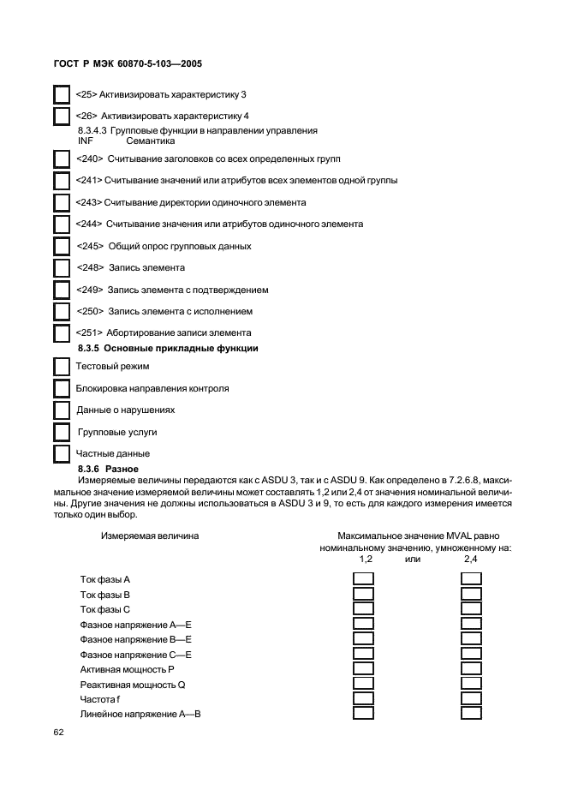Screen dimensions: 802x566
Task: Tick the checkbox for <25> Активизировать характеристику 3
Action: coord(63,93)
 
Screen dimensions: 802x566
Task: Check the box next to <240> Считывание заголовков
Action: coord(63,159)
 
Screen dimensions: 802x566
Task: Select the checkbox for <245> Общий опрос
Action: coord(63,246)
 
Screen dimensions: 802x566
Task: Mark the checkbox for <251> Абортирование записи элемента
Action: coord(63,332)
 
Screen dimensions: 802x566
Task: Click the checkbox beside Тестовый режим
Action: coord(63,367)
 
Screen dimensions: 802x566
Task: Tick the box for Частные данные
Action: coord(63,453)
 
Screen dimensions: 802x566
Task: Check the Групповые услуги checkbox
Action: coord(63,432)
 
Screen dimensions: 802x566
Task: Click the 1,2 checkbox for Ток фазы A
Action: coord(364,579)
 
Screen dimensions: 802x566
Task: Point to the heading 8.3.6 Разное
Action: coord(102,469)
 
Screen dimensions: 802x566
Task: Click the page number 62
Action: coord(59,733)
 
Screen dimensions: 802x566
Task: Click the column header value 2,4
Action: coord(471,559)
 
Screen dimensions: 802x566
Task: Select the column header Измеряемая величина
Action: coord(151,536)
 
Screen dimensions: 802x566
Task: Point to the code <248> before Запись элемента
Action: coord(88,268)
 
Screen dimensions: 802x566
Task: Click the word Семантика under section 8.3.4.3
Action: coord(151,140)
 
